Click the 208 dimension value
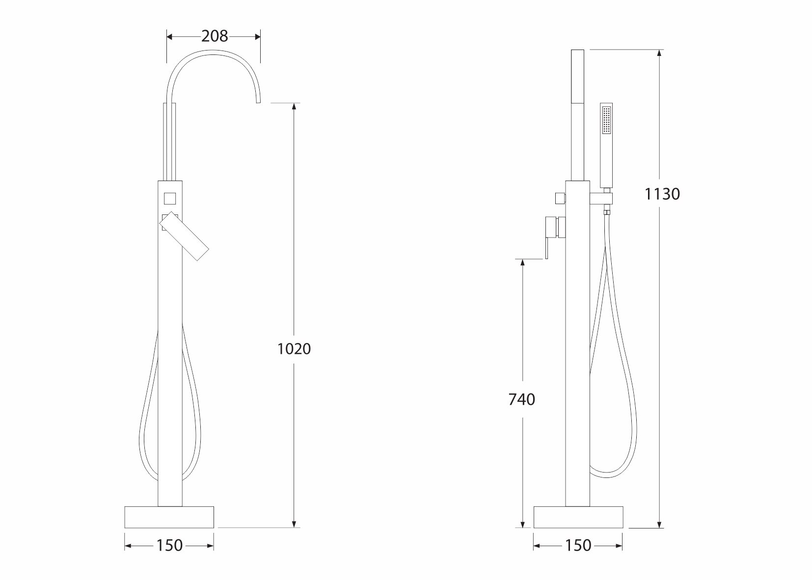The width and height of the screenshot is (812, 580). coord(215,36)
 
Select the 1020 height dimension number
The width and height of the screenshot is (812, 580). coord(294,349)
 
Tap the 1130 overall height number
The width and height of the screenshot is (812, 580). coord(662,194)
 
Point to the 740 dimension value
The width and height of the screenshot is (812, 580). coord(522,399)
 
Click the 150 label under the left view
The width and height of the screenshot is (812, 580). coord(169,546)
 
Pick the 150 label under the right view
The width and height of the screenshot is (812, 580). coord(578,546)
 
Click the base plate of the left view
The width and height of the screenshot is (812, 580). coord(169,517)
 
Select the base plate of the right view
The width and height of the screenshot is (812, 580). coord(578,517)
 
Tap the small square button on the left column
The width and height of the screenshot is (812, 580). coord(170,199)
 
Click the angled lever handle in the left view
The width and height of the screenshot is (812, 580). coord(184,236)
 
